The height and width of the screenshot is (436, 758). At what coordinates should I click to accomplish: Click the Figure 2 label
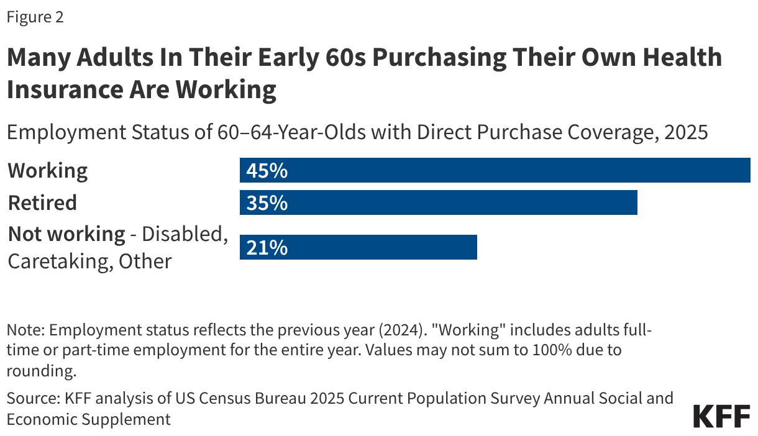tap(35, 17)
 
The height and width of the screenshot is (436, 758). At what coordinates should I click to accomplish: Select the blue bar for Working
tap(495, 170)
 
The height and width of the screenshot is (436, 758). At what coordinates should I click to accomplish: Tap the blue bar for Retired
tap(438, 202)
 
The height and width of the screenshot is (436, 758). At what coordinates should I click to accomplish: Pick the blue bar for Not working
tap(358, 247)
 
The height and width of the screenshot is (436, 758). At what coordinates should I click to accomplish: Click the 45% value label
tap(267, 171)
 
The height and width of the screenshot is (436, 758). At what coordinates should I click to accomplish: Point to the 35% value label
tap(267, 203)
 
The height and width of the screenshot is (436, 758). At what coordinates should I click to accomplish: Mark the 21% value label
tap(267, 248)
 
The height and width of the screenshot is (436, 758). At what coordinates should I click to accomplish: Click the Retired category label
tap(42, 202)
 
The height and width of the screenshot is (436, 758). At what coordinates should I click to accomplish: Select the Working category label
tap(48, 171)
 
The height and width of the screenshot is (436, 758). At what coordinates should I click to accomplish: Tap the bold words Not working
tap(66, 234)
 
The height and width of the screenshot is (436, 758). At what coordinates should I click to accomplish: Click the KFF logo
tap(721, 417)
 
